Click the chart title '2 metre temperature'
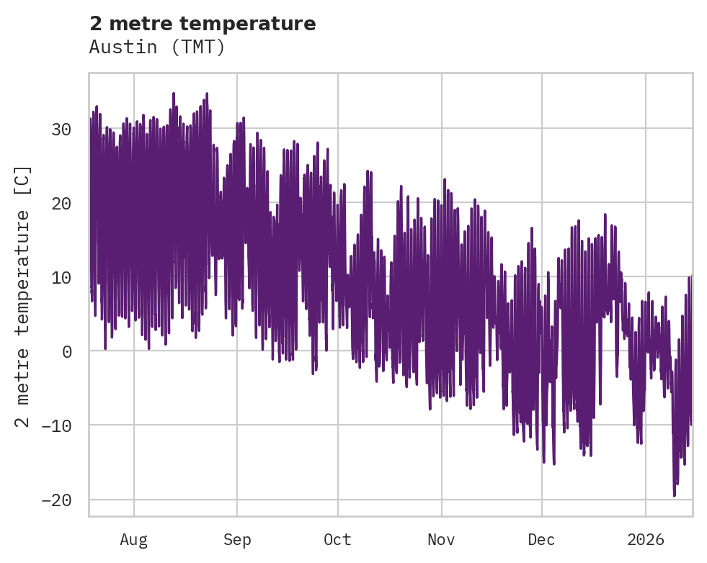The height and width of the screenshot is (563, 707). click(x=203, y=24)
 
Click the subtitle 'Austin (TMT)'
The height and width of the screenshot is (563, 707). click(x=157, y=47)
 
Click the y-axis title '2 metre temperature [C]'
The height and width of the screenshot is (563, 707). click(x=23, y=296)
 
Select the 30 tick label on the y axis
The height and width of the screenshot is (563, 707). click(x=61, y=130)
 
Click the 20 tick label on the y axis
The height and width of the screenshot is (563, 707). click(x=61, y=204)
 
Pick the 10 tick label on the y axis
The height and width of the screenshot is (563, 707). click(x=61, y=278)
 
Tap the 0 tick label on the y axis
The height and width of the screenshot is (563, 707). click(x=66, y=351)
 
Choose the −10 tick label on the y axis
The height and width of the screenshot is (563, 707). click(x=56, y=425)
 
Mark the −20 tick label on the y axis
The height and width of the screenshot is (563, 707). click(x=56, y=500)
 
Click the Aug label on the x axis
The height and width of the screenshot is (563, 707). click(x=133, y=540)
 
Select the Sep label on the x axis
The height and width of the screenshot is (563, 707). click(x=236, y=540)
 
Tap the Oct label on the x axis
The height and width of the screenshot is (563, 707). click(x=337, y=540)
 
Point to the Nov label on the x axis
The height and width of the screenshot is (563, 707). click(x=441, y=540)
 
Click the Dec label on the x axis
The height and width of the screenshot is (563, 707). click(x=541, y=540)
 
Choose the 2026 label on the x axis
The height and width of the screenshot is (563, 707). click(x=646, y=540)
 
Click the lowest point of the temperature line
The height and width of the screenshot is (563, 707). click(x=675, y=495)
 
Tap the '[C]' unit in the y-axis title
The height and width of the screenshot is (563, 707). click(x=23, y=181)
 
